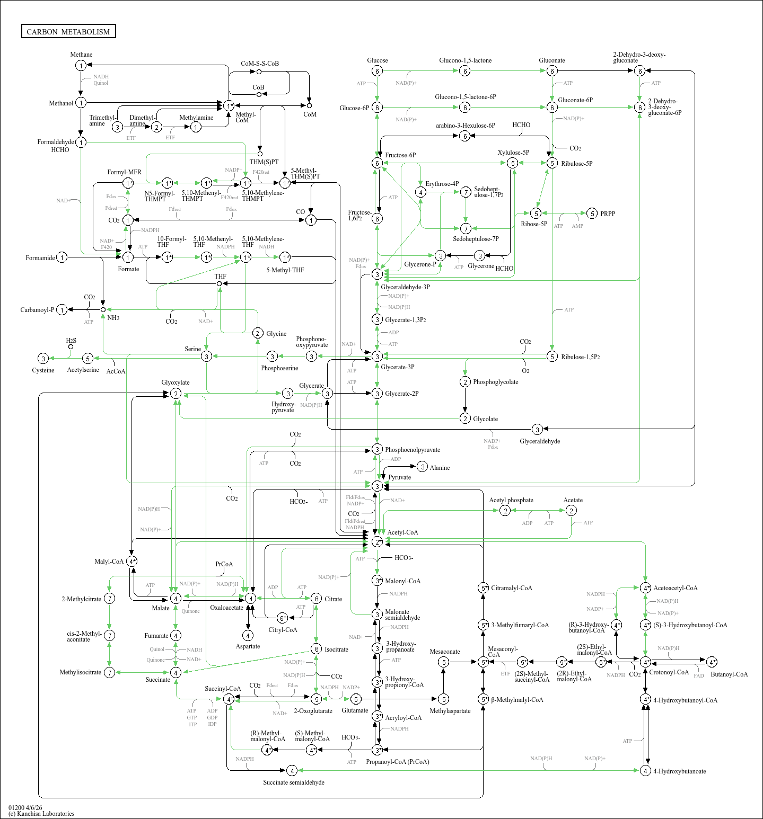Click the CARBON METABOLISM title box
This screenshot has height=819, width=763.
[68, 32]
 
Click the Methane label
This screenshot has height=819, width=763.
[81, 55]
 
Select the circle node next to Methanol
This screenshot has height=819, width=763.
[81, 103]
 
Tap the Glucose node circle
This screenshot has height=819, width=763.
[377, 71]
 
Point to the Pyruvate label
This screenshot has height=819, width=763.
[399, 477]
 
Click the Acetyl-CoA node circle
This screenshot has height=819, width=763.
[377, 541]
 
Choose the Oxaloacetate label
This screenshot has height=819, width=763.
[226, 608]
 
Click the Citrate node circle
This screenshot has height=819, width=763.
[316, 599]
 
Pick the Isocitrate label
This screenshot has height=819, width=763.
[336, 649]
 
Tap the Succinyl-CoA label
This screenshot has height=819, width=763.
[223, 689]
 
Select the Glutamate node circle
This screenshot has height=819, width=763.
[356, 699]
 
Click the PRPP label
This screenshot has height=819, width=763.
[608, 214]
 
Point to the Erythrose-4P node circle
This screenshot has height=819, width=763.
[420, 192]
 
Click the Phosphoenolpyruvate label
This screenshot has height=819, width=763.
[412, 450]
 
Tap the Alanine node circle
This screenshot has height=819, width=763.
[422, 467]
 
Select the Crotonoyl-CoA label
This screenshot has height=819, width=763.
[669, 672]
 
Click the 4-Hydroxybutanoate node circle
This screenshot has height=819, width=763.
[645, 771]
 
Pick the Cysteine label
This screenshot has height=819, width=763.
[43, 370]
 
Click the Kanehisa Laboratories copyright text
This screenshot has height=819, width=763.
[41, 814]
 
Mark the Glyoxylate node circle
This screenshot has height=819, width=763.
[176, 394]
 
